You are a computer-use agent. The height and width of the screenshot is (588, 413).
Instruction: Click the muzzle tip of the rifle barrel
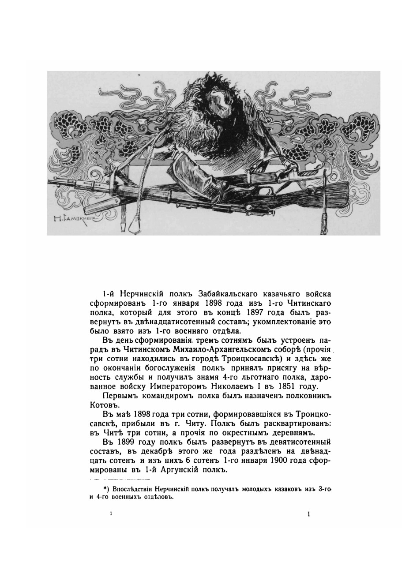click(50, 180)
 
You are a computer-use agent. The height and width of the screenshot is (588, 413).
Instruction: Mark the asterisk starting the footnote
click(105, 488)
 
